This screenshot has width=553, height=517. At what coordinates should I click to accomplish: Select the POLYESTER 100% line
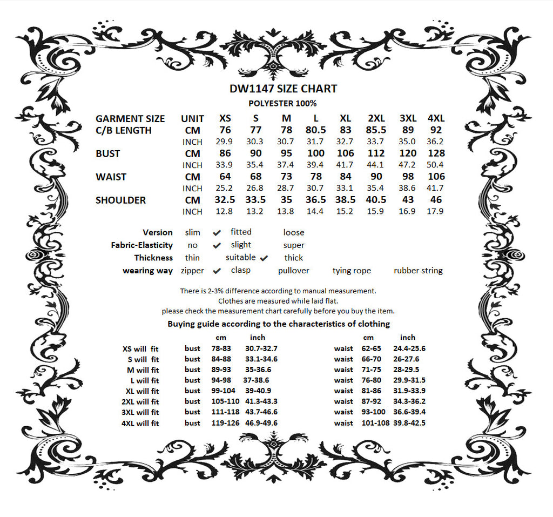[282, 103]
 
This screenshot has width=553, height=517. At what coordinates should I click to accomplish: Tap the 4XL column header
[435, 118]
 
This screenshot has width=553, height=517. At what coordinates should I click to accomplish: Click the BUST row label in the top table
[108, 154]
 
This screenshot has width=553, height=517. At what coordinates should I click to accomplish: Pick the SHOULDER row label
[121, 200]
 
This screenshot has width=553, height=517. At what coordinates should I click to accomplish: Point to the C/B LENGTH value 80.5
[315, 130]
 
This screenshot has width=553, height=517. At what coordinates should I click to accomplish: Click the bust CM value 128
[436, 153]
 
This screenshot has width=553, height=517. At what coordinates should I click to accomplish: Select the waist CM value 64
[225, 177]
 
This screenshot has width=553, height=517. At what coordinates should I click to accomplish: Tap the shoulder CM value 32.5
[225, 200]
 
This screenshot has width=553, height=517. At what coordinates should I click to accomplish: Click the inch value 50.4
[435, 165]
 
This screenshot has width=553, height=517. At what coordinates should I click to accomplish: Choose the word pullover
[293, 271]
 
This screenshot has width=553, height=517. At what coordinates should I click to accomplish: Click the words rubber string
[418, 271]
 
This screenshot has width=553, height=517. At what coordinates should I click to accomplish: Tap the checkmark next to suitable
[264, 258]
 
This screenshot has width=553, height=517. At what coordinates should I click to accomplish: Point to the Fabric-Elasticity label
[142, 245]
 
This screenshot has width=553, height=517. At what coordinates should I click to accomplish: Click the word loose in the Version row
[294, 233]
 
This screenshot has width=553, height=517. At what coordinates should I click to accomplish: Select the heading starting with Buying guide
[279, 324]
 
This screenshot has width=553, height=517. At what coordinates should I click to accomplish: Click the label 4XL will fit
[140, 424]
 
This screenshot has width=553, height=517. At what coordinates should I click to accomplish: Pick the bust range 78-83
[221, 349]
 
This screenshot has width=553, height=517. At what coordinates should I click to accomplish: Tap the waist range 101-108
[375, 423]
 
